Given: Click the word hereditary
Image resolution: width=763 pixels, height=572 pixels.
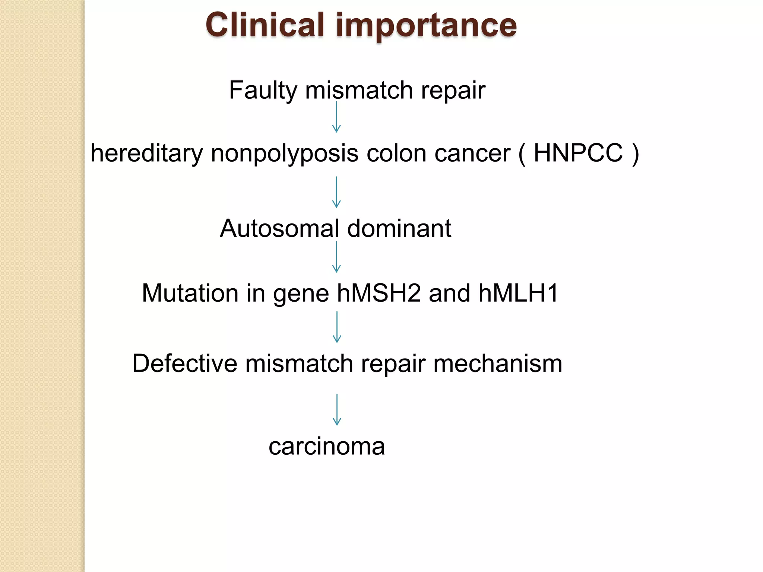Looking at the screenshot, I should (147, 153).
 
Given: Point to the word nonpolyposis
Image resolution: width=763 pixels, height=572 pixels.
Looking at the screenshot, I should (284, 154).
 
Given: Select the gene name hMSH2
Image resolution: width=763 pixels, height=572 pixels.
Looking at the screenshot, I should (379, 293).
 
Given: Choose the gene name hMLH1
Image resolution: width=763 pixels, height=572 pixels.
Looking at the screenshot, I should (518, 293).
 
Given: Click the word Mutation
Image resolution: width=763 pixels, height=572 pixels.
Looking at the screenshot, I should (190, 293).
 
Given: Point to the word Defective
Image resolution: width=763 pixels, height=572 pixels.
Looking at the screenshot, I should (184, 363).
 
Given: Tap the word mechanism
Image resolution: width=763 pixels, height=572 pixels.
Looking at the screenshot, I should (497, 363).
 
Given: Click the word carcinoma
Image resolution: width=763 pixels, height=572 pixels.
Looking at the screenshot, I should (326, 447).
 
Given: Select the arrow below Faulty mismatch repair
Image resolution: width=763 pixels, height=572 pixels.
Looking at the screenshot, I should (336, 117).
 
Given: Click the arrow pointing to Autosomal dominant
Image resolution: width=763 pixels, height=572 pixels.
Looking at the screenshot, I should (336, 192).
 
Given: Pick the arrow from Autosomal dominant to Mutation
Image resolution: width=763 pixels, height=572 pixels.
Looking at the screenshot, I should (336, 257).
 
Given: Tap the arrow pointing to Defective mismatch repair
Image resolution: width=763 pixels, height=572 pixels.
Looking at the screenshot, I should (337, 327).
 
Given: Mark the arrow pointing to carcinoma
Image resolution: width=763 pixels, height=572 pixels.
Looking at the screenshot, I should (337, 410).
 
